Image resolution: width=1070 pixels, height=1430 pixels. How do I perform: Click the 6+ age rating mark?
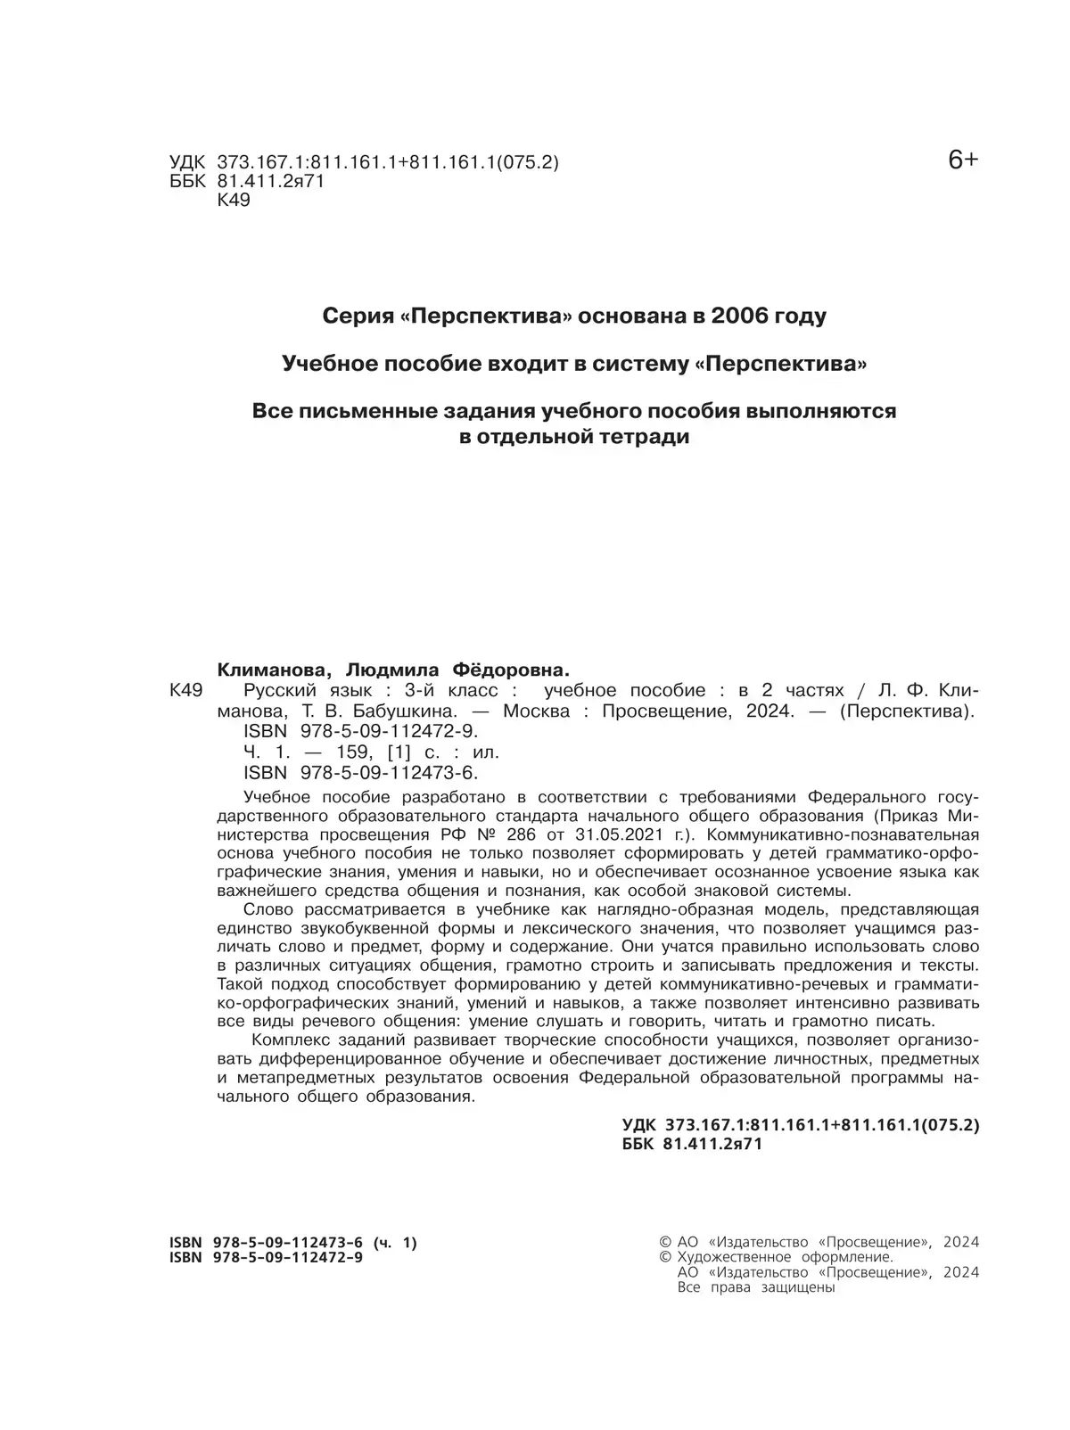962,160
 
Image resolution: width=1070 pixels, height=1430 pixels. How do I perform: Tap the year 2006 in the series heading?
744,316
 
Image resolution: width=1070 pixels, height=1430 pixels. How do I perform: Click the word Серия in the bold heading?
352,316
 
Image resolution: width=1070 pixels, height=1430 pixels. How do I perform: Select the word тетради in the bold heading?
644,438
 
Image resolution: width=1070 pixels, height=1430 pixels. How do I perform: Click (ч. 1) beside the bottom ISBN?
394,1243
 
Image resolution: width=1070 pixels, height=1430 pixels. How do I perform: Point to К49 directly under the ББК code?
234,201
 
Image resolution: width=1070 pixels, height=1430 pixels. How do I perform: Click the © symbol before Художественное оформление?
664,1257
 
